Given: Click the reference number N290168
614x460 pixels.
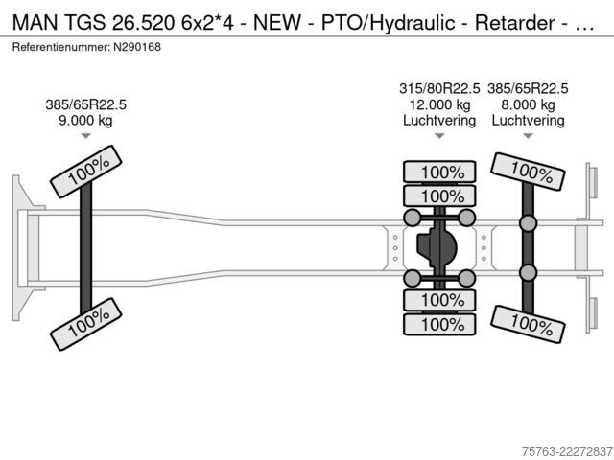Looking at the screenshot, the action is click(137, 47).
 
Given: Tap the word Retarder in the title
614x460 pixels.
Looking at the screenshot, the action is click(514, 23).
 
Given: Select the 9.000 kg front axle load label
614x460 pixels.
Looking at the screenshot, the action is click(85, 121).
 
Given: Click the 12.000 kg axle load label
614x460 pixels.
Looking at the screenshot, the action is click(439, 104).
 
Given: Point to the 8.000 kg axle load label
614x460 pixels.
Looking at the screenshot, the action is click(528, 104).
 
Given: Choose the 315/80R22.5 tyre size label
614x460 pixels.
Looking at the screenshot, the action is click(439, 89).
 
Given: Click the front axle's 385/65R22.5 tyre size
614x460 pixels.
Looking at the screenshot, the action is click(85, 104).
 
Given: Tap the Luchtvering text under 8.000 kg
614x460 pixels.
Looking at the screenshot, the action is click(528, 121).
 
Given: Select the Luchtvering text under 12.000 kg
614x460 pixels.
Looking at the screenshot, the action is click(439, 121).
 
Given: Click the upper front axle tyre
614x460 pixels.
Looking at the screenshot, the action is click(85, 172).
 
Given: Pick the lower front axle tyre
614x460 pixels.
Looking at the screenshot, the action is click(85, 324).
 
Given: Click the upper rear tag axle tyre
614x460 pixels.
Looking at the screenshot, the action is click(528, 172).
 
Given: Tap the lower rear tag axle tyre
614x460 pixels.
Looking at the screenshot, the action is click(528, 324).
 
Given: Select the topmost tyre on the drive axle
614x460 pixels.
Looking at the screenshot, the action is click(439, 172).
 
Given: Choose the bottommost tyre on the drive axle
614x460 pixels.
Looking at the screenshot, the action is click(439, 324).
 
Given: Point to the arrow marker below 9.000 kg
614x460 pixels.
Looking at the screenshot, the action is click(85, 136).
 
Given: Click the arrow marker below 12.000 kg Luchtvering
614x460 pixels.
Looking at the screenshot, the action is click(439, 136).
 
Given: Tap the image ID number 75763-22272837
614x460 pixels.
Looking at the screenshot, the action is click(567, 451).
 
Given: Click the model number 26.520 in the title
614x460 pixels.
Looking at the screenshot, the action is click(143, 23).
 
